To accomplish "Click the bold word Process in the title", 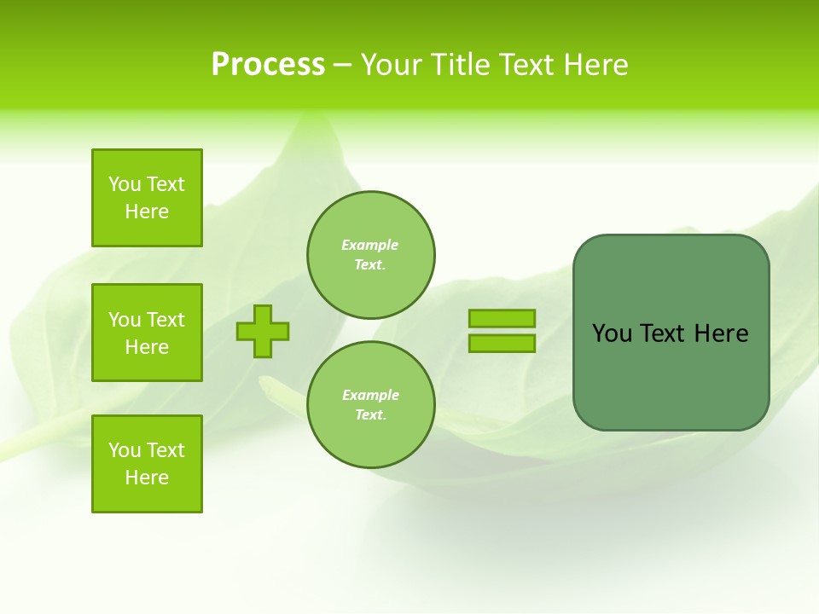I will [268, 65].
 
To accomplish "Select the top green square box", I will [147, 198].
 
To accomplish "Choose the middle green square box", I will [147, 333].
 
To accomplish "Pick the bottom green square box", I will [147, 464].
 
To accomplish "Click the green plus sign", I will [263, 331].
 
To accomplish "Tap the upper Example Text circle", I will [371, 255].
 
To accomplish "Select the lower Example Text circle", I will [371, 405].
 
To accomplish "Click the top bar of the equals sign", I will [502, 318].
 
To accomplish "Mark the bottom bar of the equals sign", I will [502, 344].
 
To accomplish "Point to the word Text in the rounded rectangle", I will [662, 333].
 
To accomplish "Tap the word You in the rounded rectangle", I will [612, 333].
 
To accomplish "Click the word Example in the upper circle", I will [370, 245].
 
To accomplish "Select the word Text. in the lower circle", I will [370, 415].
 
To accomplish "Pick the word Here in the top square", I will [147, 211].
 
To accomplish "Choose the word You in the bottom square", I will [125, 450].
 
